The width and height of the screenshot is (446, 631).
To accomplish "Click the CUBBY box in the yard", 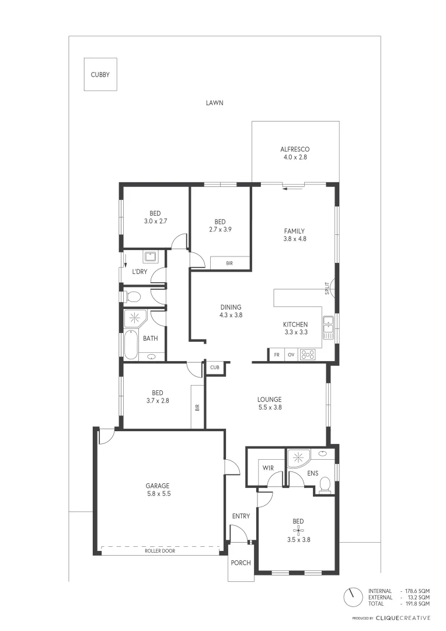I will [100, 74].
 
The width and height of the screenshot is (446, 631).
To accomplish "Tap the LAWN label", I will [214, 103].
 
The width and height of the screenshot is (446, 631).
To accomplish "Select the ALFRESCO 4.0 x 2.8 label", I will [295, 154].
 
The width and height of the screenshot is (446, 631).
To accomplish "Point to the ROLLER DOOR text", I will [160, 551].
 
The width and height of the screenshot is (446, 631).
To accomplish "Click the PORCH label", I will [241, 563].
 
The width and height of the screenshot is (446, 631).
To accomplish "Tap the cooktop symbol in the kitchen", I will [308, 355].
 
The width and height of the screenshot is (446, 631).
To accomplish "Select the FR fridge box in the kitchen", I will [276, 355].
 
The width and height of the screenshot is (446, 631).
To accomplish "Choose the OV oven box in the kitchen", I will [291, 355].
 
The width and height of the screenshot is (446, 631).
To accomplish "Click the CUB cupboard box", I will [214, 367].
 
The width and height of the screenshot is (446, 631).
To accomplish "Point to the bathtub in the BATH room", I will [130, 345].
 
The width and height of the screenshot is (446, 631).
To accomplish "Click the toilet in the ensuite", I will [326, 484].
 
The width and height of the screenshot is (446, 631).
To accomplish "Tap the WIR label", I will [267, 468].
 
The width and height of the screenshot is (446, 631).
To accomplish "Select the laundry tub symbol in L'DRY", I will [151, 256].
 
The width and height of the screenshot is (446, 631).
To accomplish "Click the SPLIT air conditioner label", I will [327, 287].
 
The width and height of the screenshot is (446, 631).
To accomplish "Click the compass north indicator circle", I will [351, 597].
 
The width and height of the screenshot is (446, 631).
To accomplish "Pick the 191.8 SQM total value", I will [417, 604].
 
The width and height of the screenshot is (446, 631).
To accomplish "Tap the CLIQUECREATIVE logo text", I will [403, 618].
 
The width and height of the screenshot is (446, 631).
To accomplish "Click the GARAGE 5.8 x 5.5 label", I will [158, 490].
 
